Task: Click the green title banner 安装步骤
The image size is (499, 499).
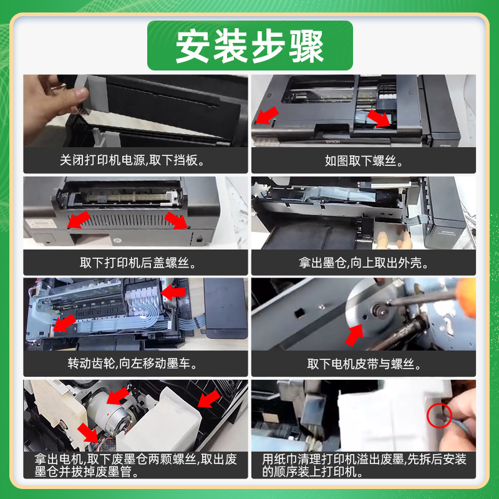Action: [250, 46]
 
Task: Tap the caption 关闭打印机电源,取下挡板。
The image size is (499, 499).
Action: [132, 160]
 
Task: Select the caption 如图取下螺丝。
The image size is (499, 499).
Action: [364, 161]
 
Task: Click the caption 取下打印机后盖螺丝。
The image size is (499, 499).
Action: [138, 263]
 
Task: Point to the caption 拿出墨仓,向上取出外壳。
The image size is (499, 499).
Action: [364, 263]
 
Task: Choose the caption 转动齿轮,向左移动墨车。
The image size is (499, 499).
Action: [132, 364]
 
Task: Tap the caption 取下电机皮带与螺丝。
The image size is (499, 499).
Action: [364, 364]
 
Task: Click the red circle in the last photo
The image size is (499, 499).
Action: [439, 415]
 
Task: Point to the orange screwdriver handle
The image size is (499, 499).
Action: [466, 299]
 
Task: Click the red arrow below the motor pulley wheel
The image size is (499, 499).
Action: [354, 335]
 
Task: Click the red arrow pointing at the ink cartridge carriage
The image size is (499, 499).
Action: [173, 292]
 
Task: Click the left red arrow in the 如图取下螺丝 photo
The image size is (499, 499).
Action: [267, 115]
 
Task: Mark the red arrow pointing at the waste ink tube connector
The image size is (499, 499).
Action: [88, 433]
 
